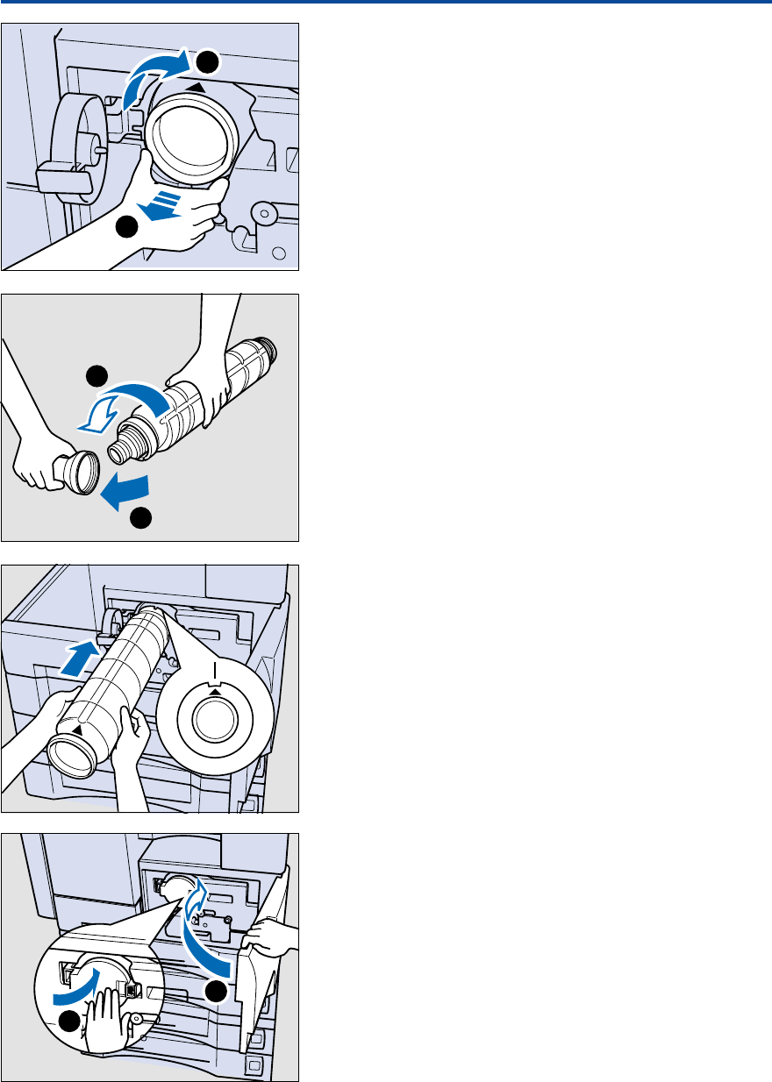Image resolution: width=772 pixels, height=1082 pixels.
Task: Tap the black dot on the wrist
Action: [128, 227]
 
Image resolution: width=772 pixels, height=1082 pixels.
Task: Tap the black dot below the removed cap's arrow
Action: [140, 519]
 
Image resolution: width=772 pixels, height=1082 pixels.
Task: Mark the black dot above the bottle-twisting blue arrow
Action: [96, 377]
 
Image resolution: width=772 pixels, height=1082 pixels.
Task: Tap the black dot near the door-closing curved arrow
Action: [215, 992]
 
